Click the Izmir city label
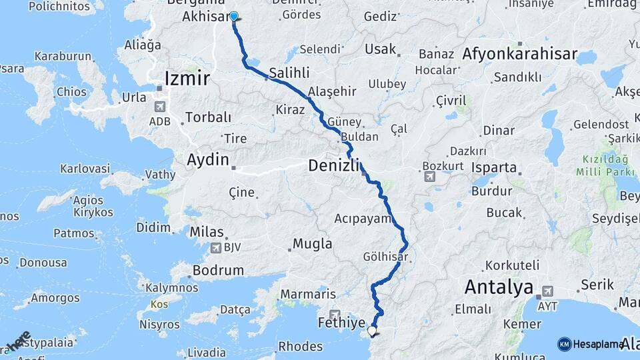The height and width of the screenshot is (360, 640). pos(187,79)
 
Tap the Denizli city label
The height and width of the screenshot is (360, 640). pos(334,165)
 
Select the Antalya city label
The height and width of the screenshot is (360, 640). pos(499,287)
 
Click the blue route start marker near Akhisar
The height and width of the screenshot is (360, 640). pos(234,16)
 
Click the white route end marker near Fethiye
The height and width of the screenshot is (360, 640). pos(372,330)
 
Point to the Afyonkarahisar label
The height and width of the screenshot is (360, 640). pos(519,54)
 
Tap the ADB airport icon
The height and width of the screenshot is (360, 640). pos(160,107)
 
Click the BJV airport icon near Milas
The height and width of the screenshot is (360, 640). pos(216,248)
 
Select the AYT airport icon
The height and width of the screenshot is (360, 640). pos(548,291)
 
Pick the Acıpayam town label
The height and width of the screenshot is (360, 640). pos(361,219)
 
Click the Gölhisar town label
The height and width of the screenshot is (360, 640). pos(385,257)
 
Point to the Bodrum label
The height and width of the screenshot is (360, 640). pos(218,271)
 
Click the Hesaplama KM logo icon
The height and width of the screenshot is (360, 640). pos(565,344)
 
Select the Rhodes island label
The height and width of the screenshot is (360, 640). pos(300,347)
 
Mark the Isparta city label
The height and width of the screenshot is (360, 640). pos(494,167)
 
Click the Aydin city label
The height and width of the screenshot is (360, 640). pos(208,160)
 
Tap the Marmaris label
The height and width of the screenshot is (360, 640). pos(308,294)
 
